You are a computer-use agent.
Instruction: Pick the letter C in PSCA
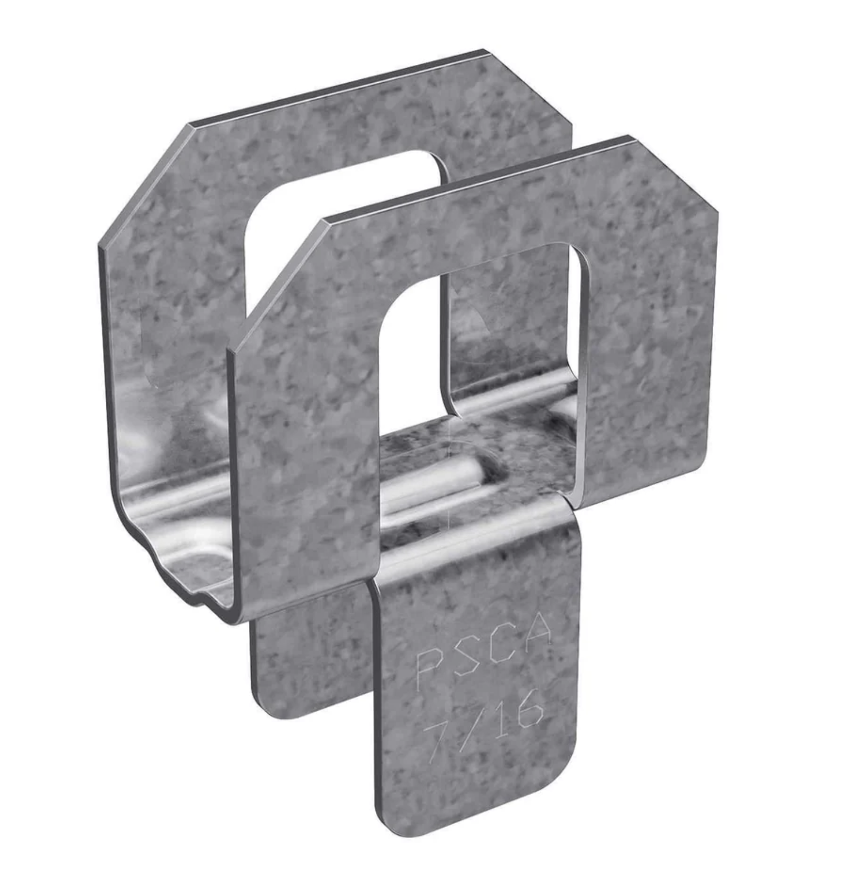coord(501,643)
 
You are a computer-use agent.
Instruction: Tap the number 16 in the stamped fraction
coord(515,711)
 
